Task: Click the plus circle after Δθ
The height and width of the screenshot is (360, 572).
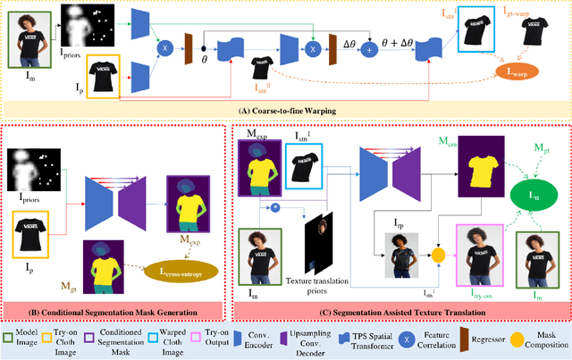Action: click(x=368, y=52)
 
